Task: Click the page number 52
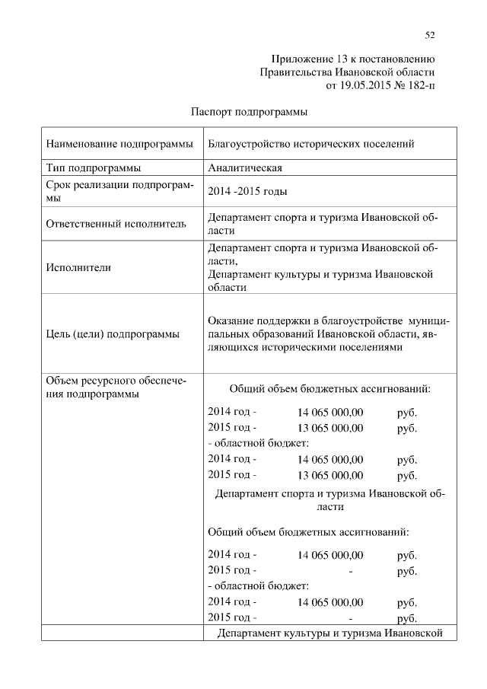(429, 34)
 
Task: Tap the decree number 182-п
(419, 85)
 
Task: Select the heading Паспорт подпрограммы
(248, 112)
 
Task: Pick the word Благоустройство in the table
(245, 144)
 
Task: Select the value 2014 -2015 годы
(248, 192)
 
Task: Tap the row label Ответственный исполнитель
(116, 224)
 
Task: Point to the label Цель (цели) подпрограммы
(113, 333)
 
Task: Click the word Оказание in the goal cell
(230, 320)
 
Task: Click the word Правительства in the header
(294, 72)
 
